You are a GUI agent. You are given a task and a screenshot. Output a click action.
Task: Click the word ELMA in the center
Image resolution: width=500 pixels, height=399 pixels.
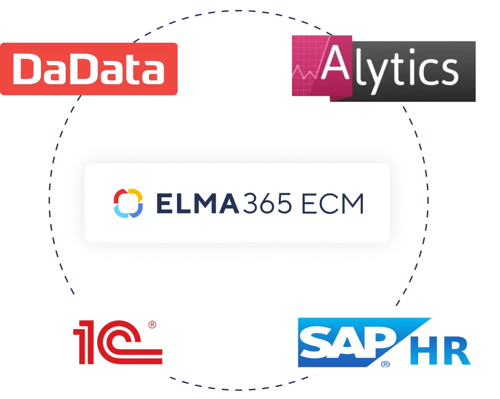197,203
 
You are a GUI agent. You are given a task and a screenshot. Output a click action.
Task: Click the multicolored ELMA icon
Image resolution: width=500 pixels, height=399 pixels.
128,203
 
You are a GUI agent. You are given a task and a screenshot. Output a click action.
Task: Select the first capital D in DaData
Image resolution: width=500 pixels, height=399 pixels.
28,70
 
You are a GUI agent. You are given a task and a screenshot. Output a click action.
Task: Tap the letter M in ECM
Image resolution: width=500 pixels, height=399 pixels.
352,203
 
